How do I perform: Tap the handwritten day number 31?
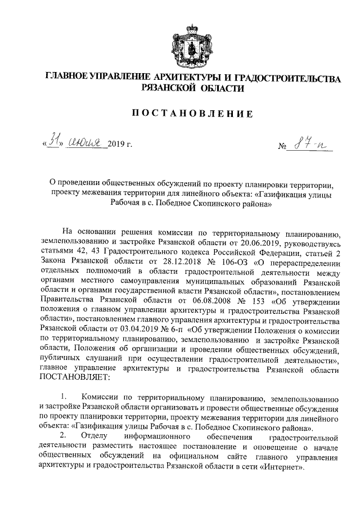pos(55,145)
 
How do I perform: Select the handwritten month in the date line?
pos(85,146)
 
